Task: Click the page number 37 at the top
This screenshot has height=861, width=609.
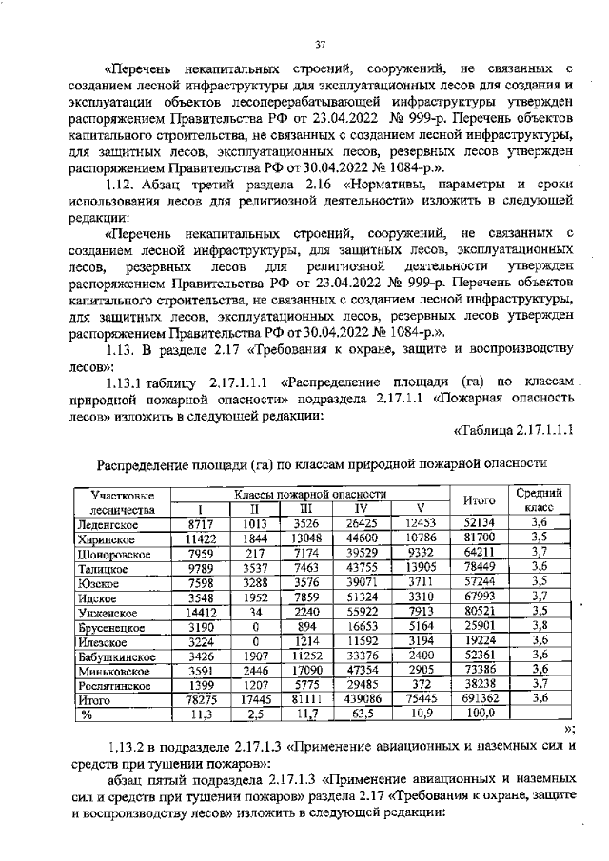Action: pos(321,42)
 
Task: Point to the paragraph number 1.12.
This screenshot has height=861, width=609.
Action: pos(124,182)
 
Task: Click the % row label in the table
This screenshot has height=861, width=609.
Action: pos(86,713)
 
